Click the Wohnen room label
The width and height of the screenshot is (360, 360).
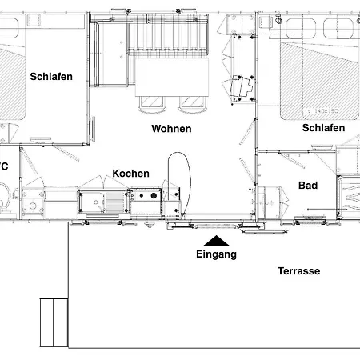[x=171, y=129]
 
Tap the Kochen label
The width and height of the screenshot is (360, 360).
[x=130, y=174]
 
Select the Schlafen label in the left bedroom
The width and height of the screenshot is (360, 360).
[x=52, y=77]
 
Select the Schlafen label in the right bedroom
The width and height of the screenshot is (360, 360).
[x=323, y=128]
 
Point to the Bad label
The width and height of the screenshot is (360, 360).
[x=308, y=186]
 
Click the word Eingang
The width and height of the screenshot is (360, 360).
[x=216, y=255]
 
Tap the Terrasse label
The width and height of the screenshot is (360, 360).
[x=298, y=271]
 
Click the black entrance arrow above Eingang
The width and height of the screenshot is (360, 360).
[x=216, y=240]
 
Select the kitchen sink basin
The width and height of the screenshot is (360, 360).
[x=92, y=200]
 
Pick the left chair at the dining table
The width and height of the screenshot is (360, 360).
[x=150, y=102]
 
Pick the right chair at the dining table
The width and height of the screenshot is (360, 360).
[x=193, y=102]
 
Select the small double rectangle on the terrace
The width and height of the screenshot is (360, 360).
[x=53, y=322]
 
